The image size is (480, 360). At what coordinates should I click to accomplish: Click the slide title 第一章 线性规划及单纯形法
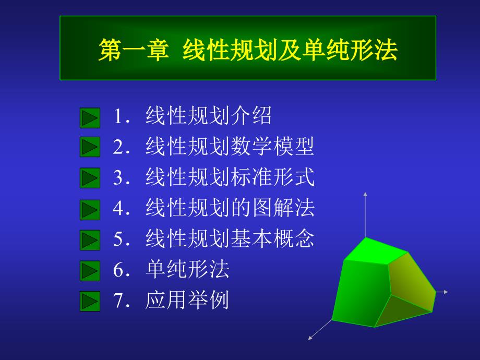point(248,51)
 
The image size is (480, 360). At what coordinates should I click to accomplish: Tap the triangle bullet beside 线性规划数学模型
point(90,147)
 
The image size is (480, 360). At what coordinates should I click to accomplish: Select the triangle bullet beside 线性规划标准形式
point(90,178)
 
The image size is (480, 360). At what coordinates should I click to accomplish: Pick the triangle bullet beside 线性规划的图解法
point(90,210)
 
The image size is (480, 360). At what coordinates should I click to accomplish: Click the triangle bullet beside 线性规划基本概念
point(90,241)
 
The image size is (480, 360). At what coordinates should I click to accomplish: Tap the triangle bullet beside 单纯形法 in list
point(90,271)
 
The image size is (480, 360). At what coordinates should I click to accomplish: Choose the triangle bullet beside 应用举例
point(90,301)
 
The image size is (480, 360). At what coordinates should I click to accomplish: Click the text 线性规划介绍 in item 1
point(209,116)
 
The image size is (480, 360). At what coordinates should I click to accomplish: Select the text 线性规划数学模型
point(230,147)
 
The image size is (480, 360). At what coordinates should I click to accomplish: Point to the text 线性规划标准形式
point(230,177)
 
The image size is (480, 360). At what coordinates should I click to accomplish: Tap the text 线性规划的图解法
point(230,209)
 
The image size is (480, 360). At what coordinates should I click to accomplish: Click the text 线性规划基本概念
point(230,239)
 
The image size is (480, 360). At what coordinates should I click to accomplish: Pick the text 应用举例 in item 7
point(187,301)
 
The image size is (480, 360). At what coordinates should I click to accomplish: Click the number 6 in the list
point(118,270)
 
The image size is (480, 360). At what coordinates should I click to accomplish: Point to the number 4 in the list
point(118,209)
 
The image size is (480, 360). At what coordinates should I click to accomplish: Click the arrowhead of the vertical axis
point(365,195)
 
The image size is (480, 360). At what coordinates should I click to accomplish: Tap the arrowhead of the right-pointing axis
point(446,292)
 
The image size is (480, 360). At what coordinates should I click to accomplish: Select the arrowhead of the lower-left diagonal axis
point(311,338)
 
